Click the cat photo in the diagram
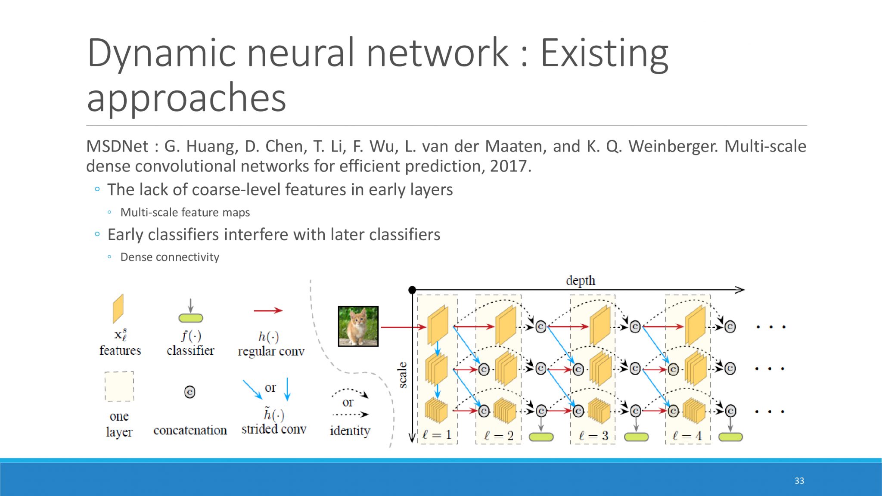tap(358, 326)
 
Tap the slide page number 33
tap(799, 480)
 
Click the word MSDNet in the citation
tap(117, 146)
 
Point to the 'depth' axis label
tap(581, 281)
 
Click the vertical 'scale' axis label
tap(403, 375)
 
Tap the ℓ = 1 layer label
tap(437, 435)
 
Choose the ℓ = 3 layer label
tap(593, 436)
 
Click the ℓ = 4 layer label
tap(687, 436)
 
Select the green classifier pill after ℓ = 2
tap(541, 437)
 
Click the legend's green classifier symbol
tap(191, 318)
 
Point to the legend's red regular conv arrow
tap(268, 310)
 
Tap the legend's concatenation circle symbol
tap(189, 392)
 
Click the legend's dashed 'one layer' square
tap(119, 387)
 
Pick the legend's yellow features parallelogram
tap(118, 308)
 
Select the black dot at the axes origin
tap(412, 290)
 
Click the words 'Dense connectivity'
tap(170, 257)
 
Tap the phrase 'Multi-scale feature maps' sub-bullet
tap(185, 212)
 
